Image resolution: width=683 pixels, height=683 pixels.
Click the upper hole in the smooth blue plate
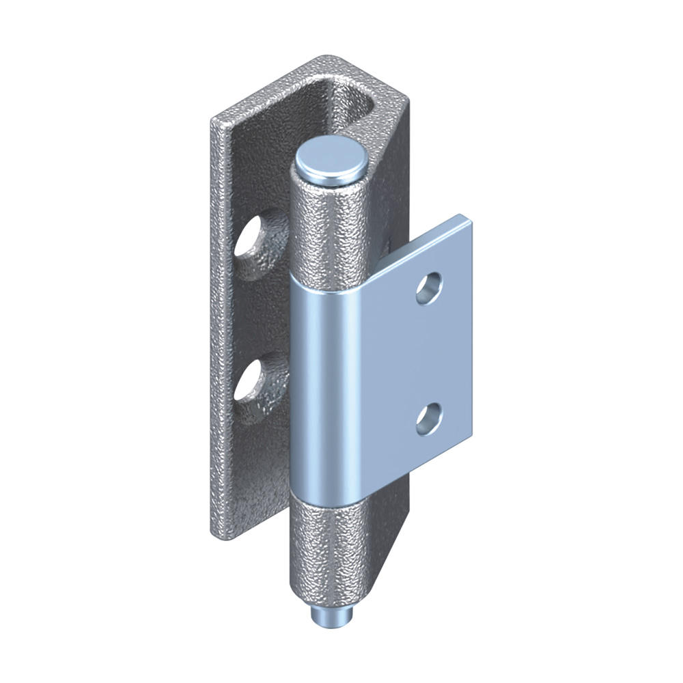click(428, 288)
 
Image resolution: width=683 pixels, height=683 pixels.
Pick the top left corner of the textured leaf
click(214, 123)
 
